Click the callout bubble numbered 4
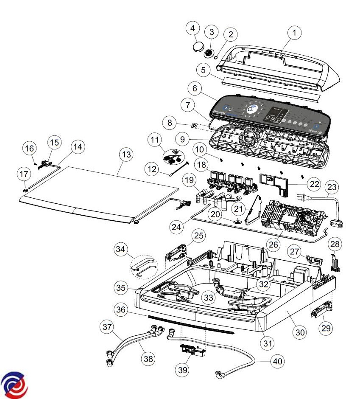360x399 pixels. pos(193,29)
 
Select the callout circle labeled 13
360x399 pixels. pos(126,155)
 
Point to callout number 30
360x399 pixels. pos(300,332)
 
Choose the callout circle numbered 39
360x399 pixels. pos(183,370)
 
